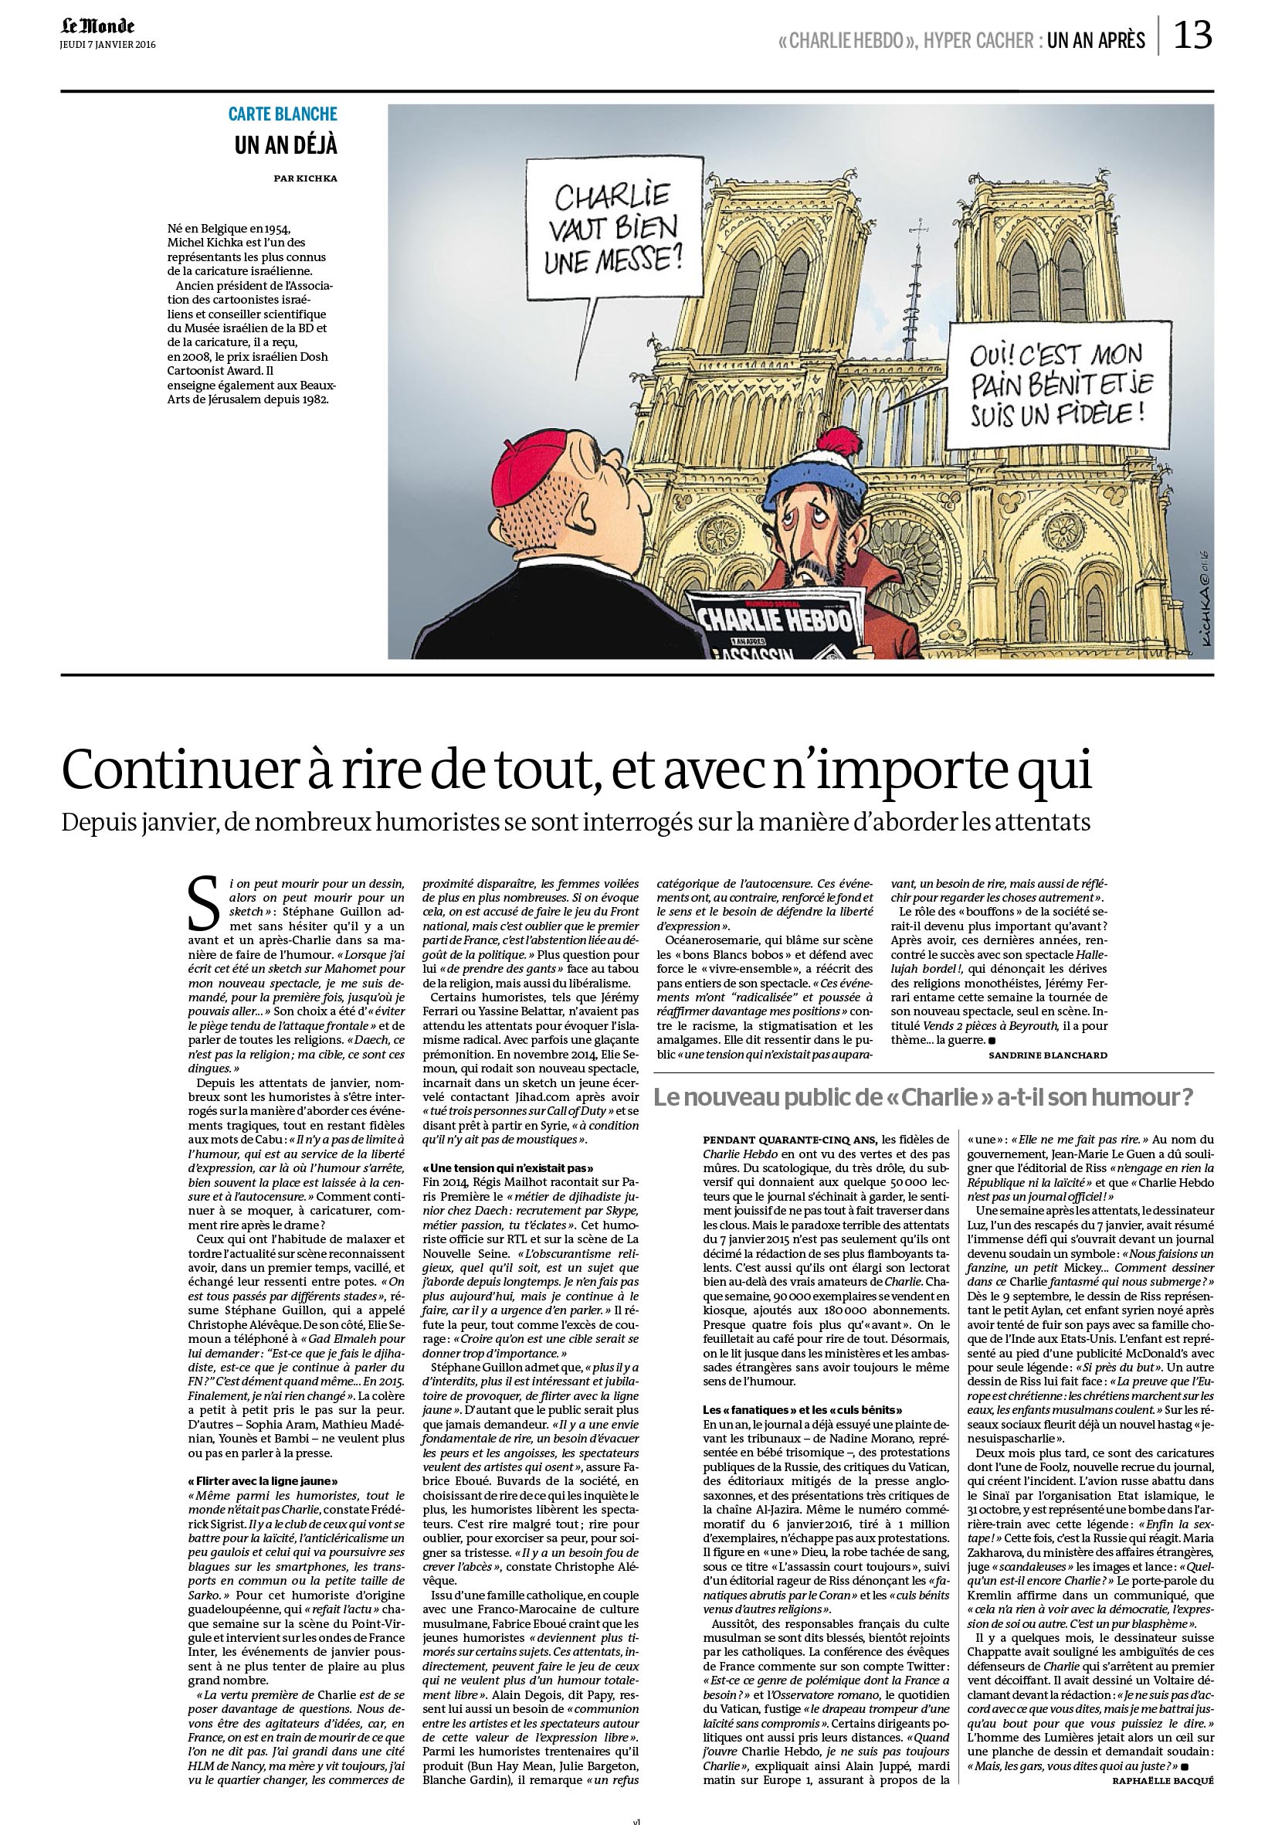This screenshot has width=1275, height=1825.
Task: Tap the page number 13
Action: [1192, 35]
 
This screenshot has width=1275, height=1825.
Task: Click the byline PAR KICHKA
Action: [305, 178]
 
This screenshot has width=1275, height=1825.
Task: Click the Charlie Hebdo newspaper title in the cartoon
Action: [767, 620]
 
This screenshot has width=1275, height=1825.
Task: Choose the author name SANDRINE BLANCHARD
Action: [1047, 1055]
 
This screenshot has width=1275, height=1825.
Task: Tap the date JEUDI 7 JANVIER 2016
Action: [108, 45]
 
